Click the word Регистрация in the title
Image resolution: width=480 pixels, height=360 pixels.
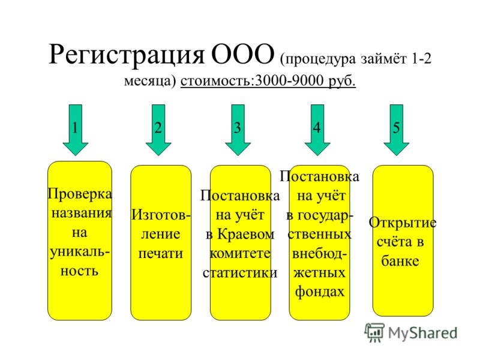(x=127, y=55)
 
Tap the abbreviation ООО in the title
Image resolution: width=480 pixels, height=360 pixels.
(x=242, y=54)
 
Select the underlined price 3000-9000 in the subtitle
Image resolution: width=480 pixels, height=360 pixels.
(x=289, y=80)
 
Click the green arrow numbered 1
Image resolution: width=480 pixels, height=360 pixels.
(x=76, y=130)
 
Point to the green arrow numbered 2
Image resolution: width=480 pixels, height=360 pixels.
(x=158, y=130)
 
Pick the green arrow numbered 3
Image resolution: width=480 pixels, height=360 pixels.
(x=238, y=130)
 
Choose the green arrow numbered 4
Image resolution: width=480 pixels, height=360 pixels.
(x=317, y=130)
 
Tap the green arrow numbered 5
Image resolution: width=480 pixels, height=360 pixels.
(x=397, y=130)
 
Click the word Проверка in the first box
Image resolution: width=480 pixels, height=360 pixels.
(x=80, y=194)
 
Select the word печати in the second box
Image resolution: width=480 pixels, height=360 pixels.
(x=160, y=254)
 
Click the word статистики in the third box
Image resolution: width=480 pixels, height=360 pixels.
(x=240, y=272)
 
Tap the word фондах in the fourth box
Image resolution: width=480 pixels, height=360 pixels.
(x=320, y=292)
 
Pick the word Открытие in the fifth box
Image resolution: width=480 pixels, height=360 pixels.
(x=402, y=223)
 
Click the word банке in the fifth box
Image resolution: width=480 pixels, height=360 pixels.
(x=400, y=260)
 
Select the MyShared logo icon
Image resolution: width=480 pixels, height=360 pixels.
(x=374, y=332)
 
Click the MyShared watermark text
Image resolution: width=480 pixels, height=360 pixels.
(x=422, y=333)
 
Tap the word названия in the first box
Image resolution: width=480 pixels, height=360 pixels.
(x=82, y=213)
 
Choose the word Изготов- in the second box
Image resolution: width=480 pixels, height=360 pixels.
(x=161, y=215)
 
